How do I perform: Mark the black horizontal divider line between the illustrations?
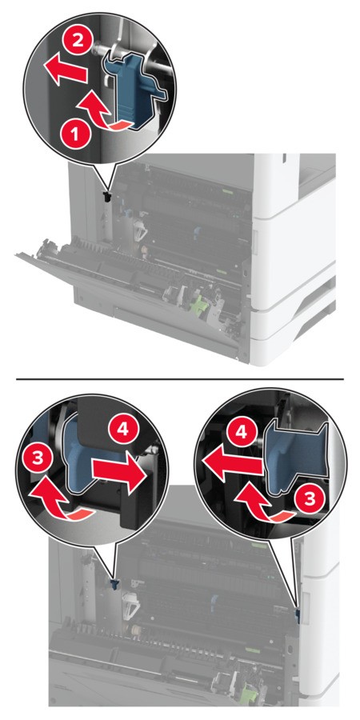(180, 379)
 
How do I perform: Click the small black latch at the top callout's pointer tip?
(108, 197)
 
